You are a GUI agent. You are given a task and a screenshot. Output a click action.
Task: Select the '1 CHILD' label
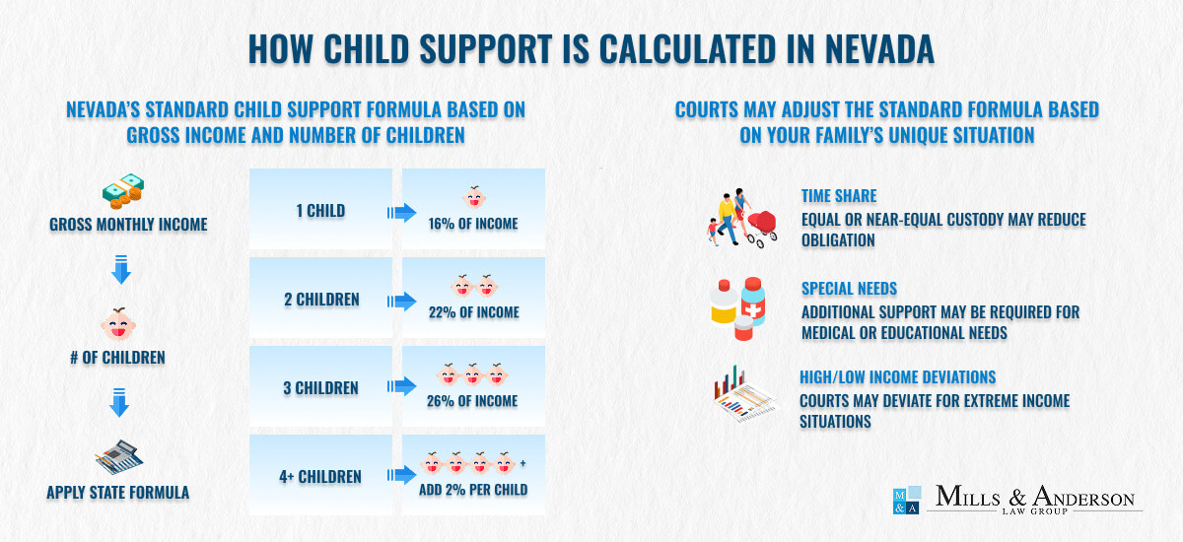coord(321,211)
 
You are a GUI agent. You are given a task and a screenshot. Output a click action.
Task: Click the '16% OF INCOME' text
coord(473,224)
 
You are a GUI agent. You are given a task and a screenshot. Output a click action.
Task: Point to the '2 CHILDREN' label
coord(321,300)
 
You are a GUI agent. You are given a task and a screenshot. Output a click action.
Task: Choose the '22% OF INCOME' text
coord(473,312)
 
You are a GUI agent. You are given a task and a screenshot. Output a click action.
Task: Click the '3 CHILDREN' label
coord(321,388)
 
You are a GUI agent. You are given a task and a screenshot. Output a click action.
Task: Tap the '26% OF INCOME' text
coord(473,401)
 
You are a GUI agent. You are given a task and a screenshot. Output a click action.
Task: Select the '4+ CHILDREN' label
coord(321,477)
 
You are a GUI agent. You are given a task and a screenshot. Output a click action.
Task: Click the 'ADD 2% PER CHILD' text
coord(473,490)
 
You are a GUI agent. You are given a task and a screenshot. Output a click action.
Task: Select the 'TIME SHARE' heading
coord(839,196)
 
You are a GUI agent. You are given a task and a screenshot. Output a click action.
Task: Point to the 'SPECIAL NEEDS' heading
coord(849,289)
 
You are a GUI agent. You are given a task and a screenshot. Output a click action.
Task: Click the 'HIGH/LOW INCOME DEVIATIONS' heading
coord(897,377)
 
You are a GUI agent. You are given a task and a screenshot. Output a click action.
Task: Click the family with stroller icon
coord(741,218)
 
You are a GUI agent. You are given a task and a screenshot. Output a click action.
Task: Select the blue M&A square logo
coord(905,501)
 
